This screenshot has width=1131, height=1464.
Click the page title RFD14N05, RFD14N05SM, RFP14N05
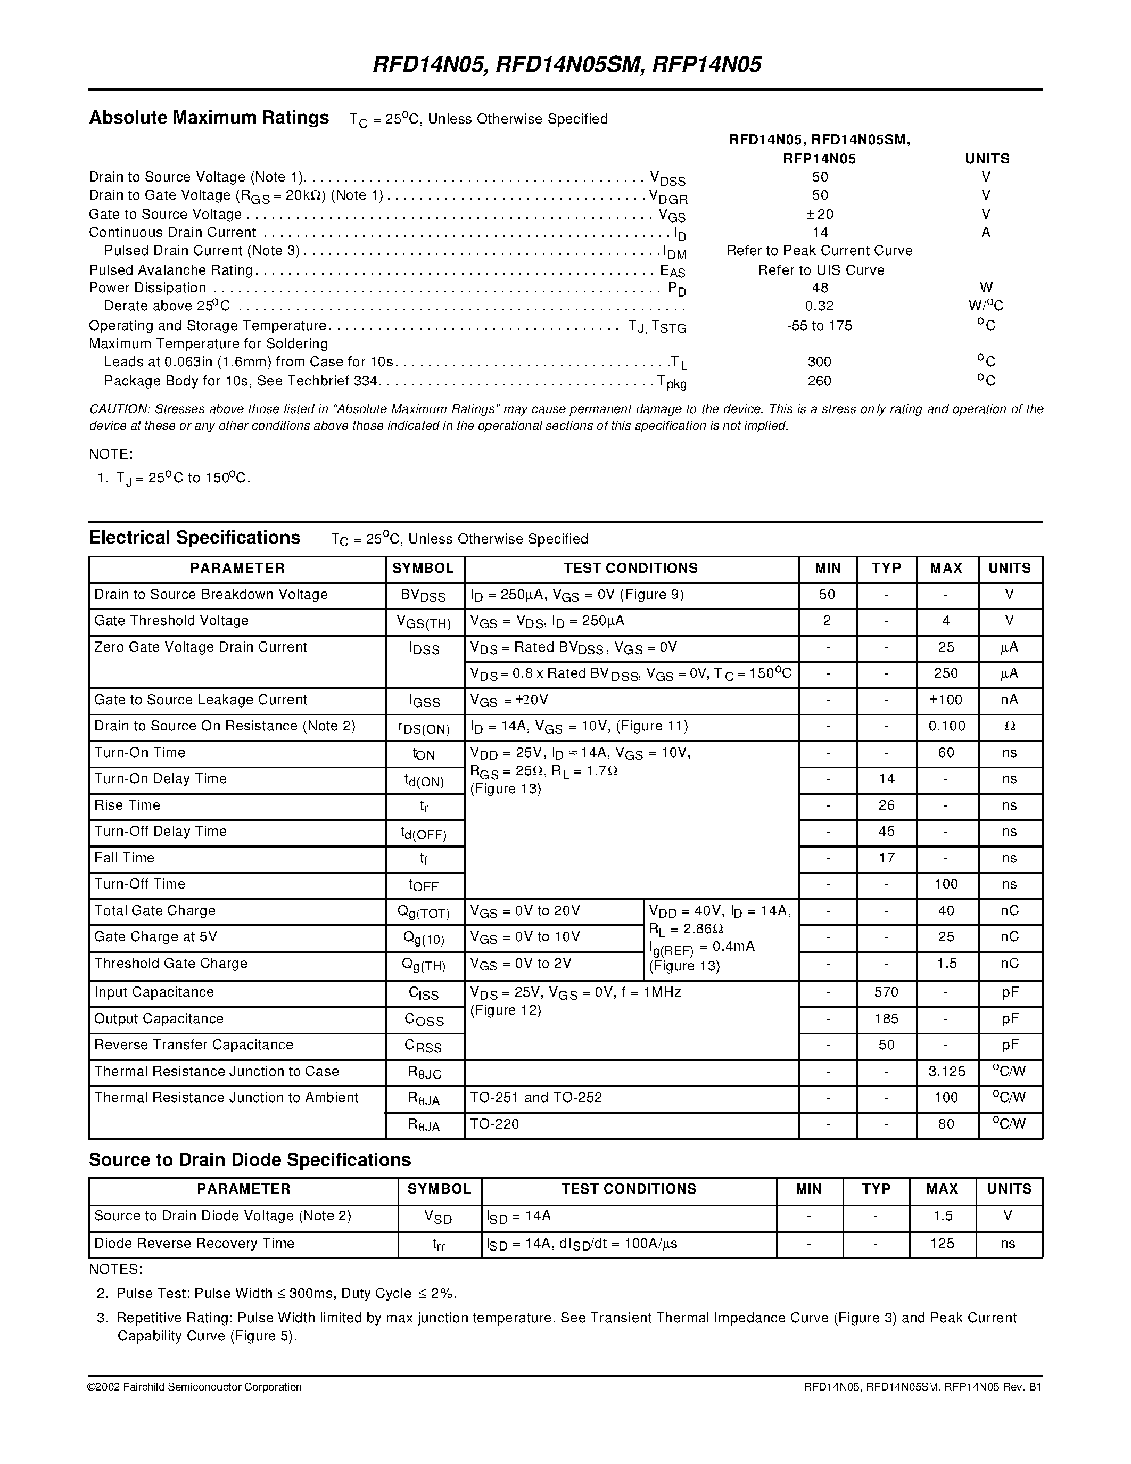point(566,65)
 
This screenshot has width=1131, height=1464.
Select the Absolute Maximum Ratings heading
point(209,118)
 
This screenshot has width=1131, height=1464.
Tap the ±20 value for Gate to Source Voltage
point(820,214)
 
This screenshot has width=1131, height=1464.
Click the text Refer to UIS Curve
point(821,269)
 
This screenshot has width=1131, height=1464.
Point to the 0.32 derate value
point(820,306)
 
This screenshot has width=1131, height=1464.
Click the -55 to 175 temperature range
point(820,326)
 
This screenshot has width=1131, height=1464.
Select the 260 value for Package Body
point(820,381)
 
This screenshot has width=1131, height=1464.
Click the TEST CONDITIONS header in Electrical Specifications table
point(631,569)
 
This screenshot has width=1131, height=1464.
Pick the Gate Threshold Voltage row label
point(171,621)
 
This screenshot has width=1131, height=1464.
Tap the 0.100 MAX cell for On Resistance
point(947,726)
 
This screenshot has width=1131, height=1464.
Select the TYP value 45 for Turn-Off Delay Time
point(887,831)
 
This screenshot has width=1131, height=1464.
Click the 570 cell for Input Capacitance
point(887,992)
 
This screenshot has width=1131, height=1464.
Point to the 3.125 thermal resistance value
point(947,1072)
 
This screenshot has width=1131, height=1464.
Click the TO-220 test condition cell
point(494,1124)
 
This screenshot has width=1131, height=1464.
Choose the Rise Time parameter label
point(127,805)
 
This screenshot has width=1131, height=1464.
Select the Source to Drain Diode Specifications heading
point(250,1161)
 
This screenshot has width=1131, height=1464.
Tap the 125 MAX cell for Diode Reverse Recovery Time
point(942,1244)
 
